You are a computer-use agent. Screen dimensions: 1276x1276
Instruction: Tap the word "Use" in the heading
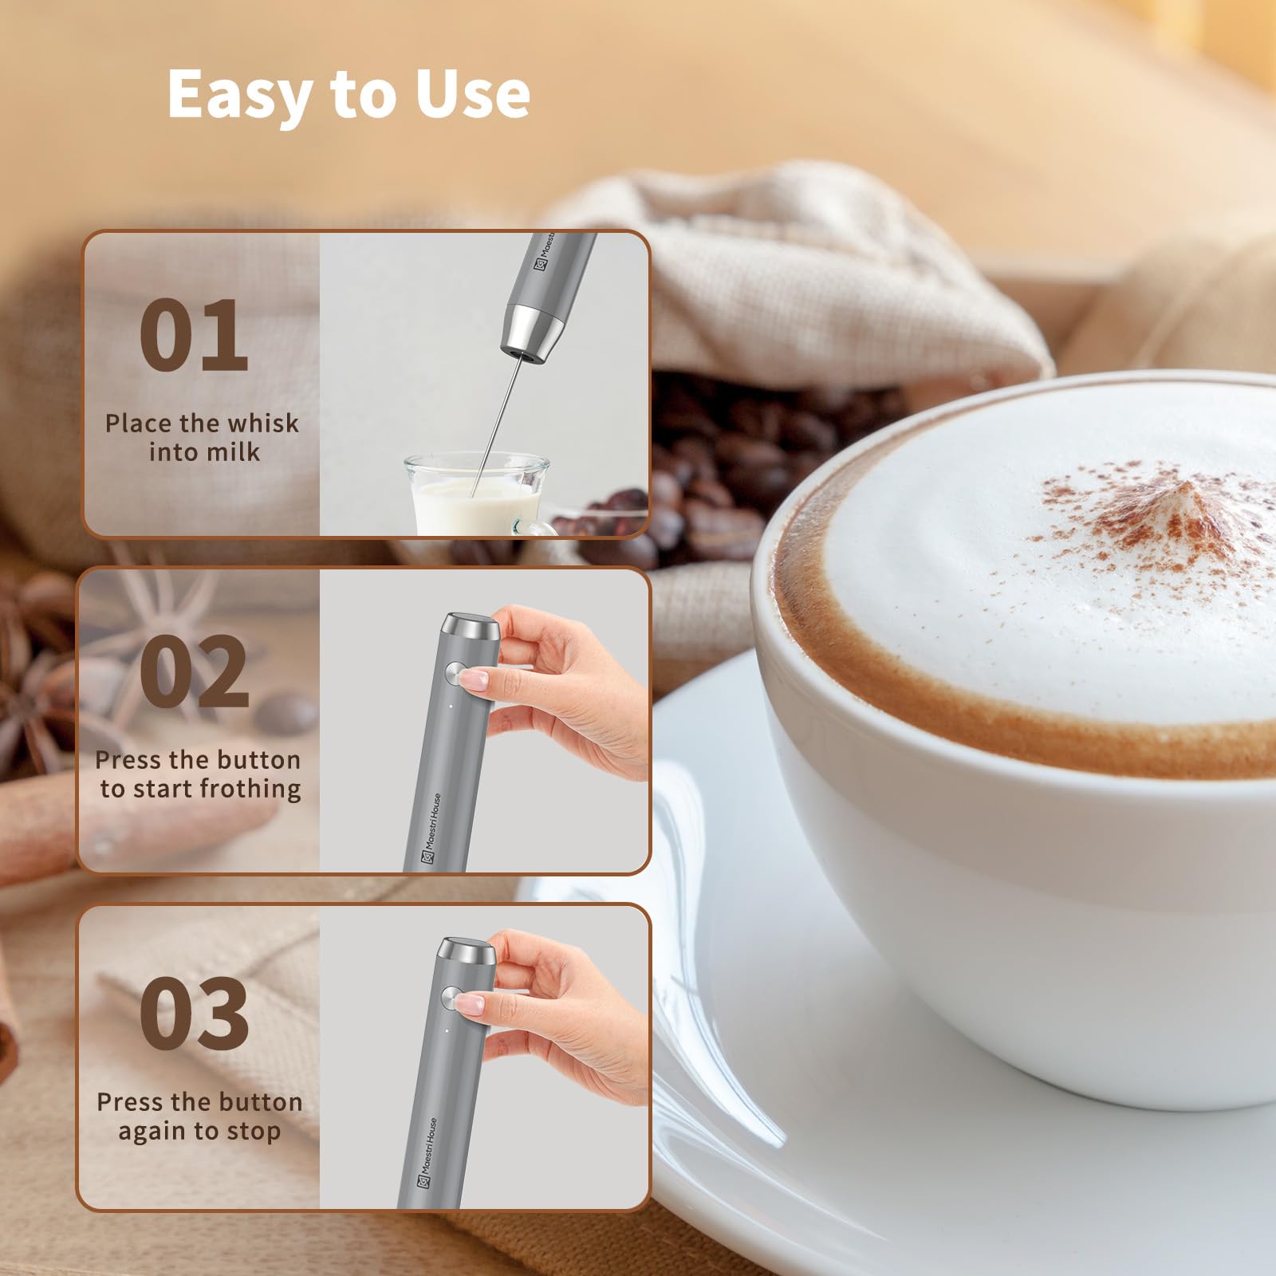pyautogui.click(x=472, y=93)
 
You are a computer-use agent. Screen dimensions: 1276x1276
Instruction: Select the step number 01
pyautogui.click(x=194, y=335)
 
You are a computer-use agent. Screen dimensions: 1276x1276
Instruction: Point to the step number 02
pyautogui.click(x=194, y=671)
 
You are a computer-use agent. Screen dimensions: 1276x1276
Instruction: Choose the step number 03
pyautogui.click(x=194, y=1014)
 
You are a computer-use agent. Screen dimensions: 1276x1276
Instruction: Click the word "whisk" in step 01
pyautogui.click(x=259, y=423)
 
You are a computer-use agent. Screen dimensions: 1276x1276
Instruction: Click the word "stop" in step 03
pyautogui.click(x=253, y=1132)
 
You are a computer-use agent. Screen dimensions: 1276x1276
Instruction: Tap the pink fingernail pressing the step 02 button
pyautogui.click(x=474, y=680)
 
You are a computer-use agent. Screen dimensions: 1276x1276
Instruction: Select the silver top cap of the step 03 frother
pyautogui.click(x=468, y=952)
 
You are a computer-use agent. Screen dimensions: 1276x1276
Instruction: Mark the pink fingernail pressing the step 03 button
pyautogui.click(x=469, y=1004)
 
